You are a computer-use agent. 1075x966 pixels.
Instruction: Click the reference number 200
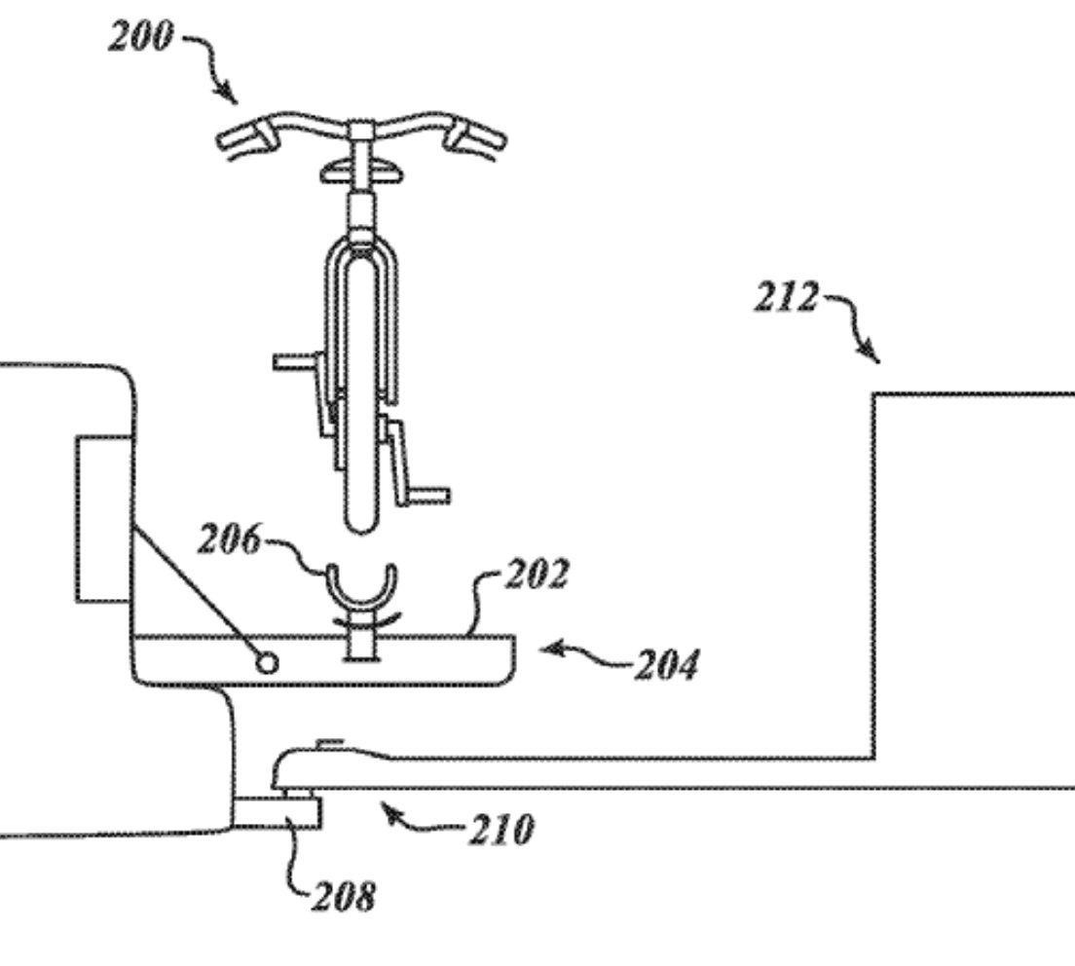pos(141,36)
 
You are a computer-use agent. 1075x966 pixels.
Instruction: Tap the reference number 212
pos(787,298)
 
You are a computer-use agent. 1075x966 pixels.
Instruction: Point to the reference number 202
pos(537,574)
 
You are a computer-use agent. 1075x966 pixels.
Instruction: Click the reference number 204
pos(667,665)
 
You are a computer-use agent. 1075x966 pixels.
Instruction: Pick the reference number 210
pos(501,831)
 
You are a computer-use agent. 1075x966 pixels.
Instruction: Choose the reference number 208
pos(344,896)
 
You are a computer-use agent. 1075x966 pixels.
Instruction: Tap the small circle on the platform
pos(268,663)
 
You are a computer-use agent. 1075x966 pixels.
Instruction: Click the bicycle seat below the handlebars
pos(362,171)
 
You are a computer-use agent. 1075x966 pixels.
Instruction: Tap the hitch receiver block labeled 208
pos(277,812)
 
